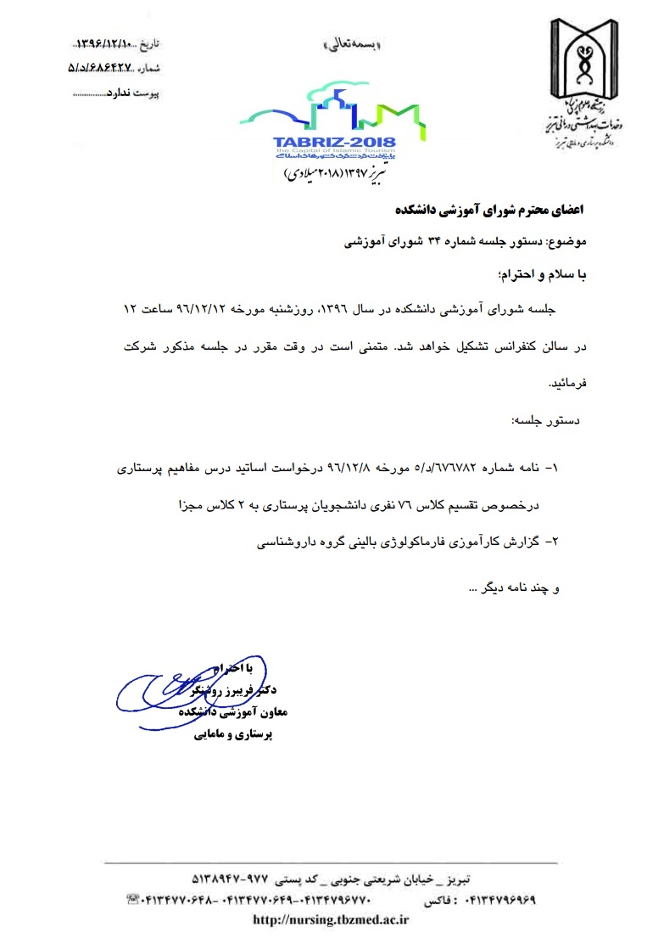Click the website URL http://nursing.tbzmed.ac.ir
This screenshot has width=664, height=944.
point(332,919)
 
